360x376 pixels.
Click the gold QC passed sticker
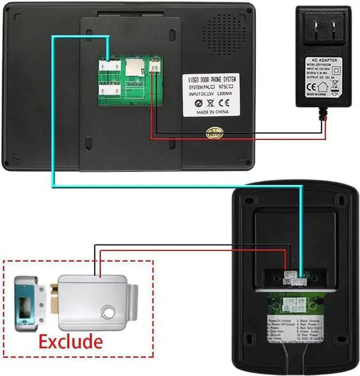pos(215,134)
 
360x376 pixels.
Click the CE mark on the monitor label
pos(223,103)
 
